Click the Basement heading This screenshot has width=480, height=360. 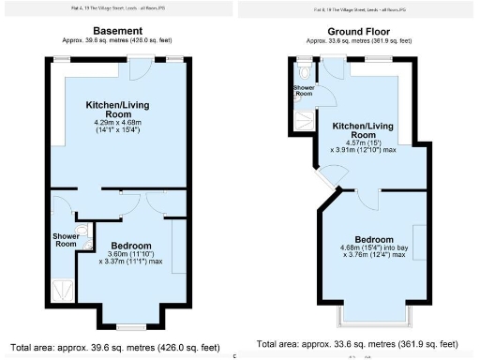tap(117, 31)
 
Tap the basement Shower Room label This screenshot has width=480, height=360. tap(64, 239)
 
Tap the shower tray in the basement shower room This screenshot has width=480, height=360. tap(63, 289)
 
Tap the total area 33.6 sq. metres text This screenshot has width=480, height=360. tap(357, 344)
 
